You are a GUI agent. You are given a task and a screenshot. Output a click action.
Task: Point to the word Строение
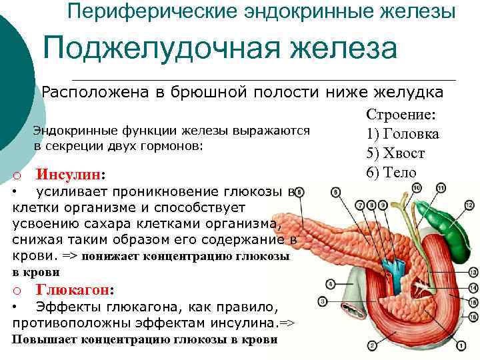(x=401, y=115)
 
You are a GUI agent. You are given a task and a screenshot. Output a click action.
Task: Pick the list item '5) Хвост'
(x=395, y=153)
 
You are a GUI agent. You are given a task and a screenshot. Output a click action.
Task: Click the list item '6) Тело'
(x=391, y=173)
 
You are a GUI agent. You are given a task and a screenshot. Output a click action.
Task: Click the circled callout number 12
(x=469, y=207)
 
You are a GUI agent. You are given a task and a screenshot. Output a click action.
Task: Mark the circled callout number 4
(x=331, y=283)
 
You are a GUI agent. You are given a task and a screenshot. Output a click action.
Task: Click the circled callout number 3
(x=323, y=301)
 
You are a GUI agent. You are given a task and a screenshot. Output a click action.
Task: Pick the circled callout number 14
(x=473, y=287)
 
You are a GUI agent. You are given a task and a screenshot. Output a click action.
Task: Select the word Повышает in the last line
(x=45, y=339)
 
